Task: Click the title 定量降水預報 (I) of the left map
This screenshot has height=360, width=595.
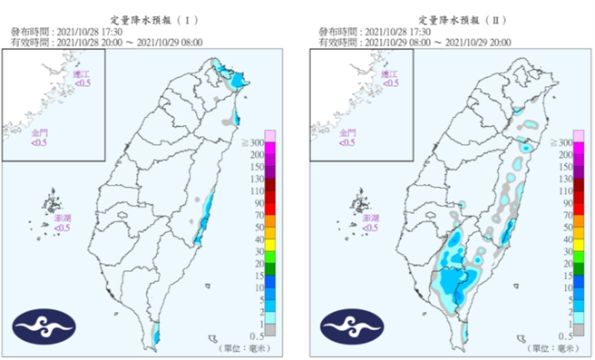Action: click(x=147, y=17)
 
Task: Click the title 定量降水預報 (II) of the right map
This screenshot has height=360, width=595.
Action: click(x=455, y=17)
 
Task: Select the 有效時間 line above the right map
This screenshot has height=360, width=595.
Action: click(x=415, y=42)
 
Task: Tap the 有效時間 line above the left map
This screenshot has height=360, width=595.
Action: click(x=106, y=42)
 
